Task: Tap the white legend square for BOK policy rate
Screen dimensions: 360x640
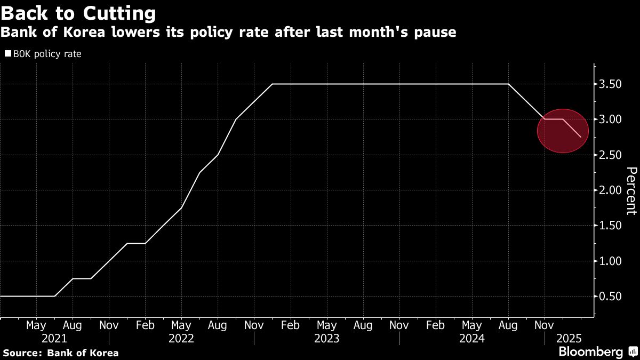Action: pos(7,54)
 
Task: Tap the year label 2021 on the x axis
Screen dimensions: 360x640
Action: pos(54,339)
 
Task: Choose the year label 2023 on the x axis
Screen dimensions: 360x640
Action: pos(326,339)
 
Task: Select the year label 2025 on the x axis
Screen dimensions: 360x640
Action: pos(569,339)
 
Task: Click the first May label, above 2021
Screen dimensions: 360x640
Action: pos(36,325)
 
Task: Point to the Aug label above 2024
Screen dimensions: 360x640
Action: pos(508,325)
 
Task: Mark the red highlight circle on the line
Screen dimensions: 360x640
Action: pos(563,131)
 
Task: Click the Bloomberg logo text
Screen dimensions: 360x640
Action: pos(590,351)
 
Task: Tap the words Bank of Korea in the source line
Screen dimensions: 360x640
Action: pos(83,353)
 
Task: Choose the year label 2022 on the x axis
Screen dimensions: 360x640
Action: pos(181,339)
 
